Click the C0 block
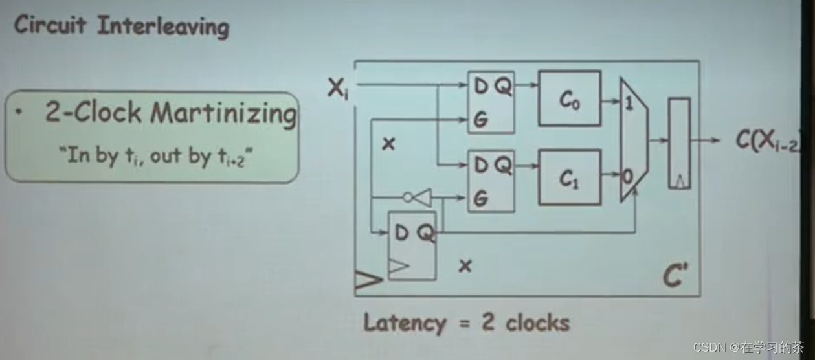pyautogui.click(x=569, y=98)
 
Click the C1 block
pyautogui.click(x=569, y=177)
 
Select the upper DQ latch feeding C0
pyautogui.click(x=491, y=102)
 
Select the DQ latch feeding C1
pyautogui.click(x=491, y=181)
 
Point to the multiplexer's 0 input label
pyautogui.click(x=627, y=175)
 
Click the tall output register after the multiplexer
pyautogui.click(x=679, y=143)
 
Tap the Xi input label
pyautogui.click(x=337, y=89)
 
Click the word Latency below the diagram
pyautogui.click(x=405, y=322)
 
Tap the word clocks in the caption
pyautogui.click(x=537, y=322)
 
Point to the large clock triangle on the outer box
pyautogui.click(x=368, y=281)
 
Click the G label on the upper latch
pyautogui.click(x=480, y=120)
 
